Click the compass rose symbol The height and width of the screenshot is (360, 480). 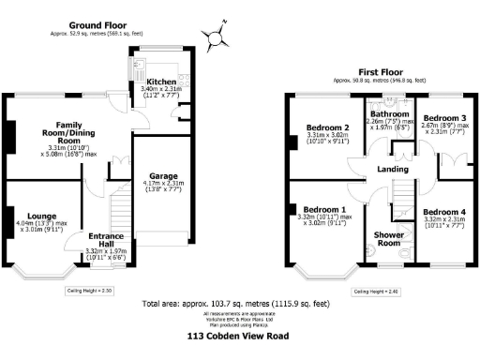pos(216,38)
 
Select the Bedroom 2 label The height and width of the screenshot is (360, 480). pos(326,127)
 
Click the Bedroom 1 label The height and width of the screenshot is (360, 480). pos(324,209)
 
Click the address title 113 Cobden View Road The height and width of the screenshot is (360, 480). pos(237,335)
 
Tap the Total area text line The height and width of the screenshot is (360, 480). pos(235,304)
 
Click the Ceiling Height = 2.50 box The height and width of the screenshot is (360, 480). pos(90,292)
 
